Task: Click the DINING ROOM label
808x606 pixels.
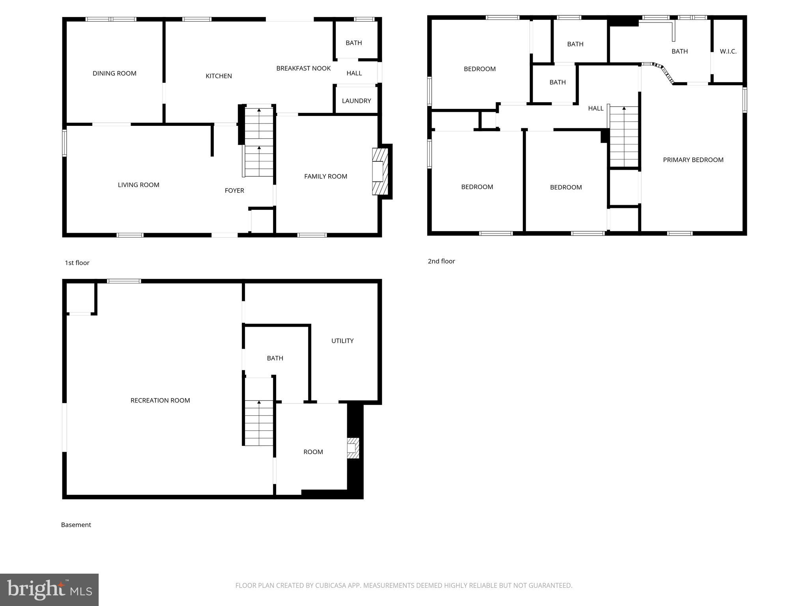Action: click(114, 73)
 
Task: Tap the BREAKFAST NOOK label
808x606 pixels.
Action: click(303, 68)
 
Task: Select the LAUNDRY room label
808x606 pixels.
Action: click(356, 101)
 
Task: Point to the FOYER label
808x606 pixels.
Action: click(234, 191)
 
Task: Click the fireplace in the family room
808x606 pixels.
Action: click(379, 171)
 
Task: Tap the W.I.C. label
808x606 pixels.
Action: click(728, 51)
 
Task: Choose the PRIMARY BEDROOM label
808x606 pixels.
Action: click(693, 160)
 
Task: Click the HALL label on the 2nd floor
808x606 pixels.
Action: click(595, 108)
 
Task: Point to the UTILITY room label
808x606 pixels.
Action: click(342, 341)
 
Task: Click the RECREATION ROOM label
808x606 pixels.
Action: click(160, 400)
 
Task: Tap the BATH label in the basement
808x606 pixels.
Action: click(275, 358)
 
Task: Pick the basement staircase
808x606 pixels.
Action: click(259, 422)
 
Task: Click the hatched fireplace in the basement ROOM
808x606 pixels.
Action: click(353, 448)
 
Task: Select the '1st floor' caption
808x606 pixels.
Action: click(77, 263)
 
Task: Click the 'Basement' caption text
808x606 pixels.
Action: click(76, 525)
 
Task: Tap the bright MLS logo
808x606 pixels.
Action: click(49, 589)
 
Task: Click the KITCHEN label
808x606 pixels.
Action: click(219, 76)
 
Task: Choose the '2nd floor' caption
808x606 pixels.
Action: click(441, 261)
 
